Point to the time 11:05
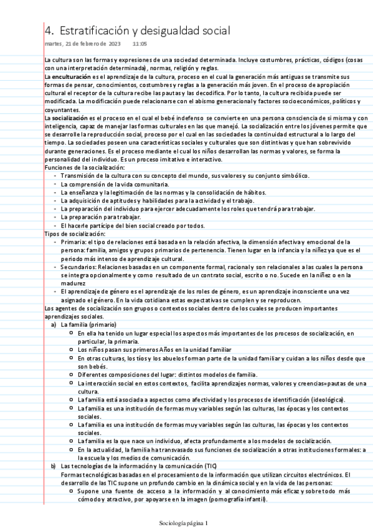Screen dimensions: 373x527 point(139,44)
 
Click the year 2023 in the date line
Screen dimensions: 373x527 point(115,44)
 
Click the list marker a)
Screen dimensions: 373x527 point(54,324)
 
